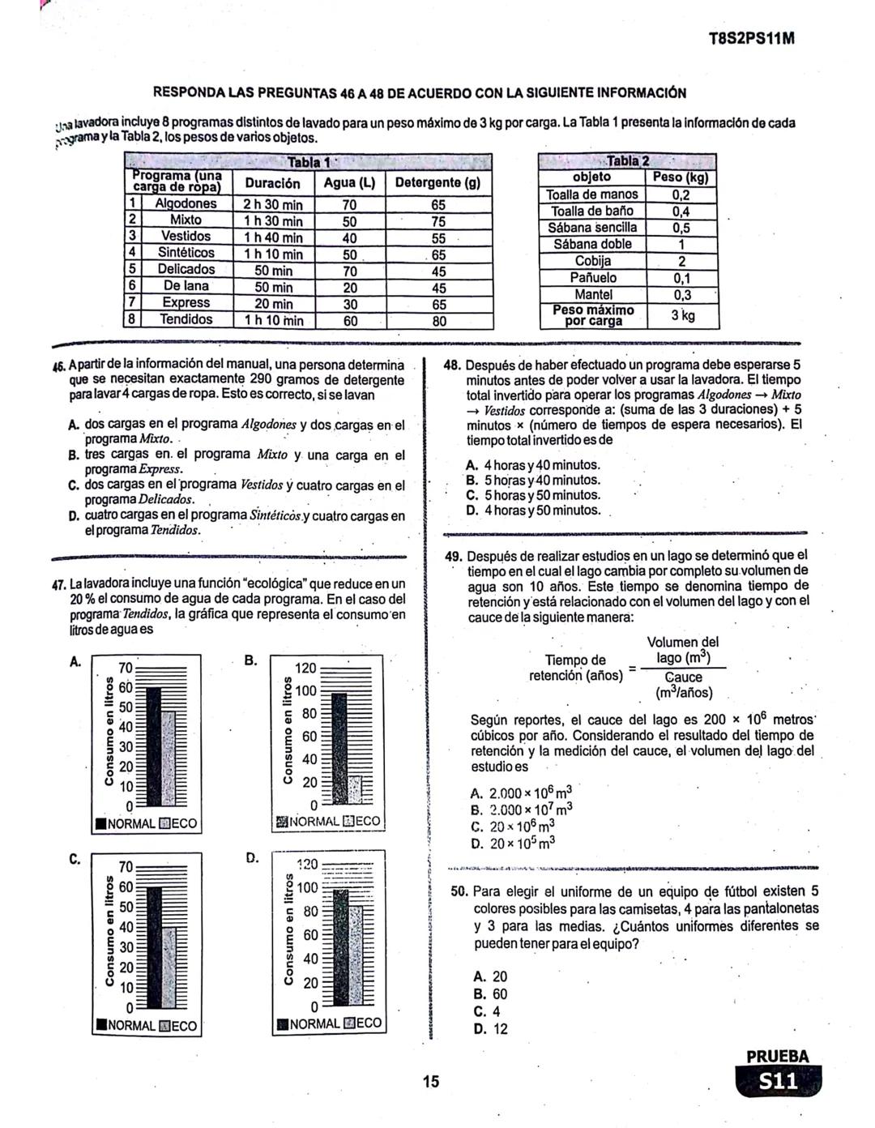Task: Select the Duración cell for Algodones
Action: point(273,204)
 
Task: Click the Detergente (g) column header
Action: point(437,183)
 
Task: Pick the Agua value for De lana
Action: point(349,287)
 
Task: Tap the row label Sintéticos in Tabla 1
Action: point(186,253)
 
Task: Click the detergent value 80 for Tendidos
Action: point(438,320)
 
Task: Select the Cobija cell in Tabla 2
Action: point(592,261)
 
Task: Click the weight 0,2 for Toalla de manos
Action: point(681,194)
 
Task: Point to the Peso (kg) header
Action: point(681,177)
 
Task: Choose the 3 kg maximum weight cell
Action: point(682,314)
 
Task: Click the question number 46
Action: point(58,365)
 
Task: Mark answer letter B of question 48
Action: point(472,481)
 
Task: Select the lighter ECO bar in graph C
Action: point(169,966)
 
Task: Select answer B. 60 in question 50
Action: point(489,994)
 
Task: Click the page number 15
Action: point(430,1081)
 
